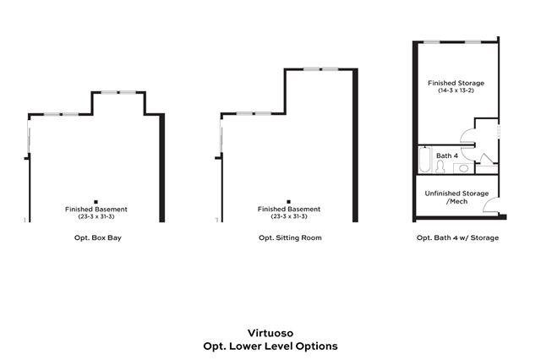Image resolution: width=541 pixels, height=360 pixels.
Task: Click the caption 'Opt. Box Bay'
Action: pyautogui.click(x=98, y=238)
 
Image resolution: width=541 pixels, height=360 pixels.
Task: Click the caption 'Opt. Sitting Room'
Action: pyautogui.click(x=290, y=238)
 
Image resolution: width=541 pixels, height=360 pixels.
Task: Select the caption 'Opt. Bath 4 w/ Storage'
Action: pyautogui.click(x=457, y=238)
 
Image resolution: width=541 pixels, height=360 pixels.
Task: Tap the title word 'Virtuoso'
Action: pyautogui.click(x=270, y=333)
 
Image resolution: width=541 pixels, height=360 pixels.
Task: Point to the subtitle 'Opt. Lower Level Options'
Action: pyautogui.click(x=270, y=346)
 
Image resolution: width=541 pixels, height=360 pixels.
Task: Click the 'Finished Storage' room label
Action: pyautogui.click(x=456, y=83)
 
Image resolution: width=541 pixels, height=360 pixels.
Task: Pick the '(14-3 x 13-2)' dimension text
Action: pyautogui.click(x=456, y=91)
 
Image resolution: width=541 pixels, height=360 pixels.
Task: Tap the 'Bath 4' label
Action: pyautogui.click(x=446, y=155)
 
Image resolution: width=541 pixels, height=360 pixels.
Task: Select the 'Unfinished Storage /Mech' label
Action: pyautogui.click(x=457, y=198)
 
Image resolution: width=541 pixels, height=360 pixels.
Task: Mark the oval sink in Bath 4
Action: pyautogui.click(x=463, y=169)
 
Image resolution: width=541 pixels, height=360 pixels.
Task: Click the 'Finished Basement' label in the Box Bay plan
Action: pyautogui.click(x=96, y=209)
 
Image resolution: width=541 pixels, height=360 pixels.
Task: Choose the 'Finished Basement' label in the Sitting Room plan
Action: pyautogui.click(x=289, y=209)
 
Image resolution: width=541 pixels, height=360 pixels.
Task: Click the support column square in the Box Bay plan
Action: pyautogui.click(x=96, y=191)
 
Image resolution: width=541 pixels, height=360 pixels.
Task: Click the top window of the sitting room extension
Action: pyautogui.click(x=320, y=68)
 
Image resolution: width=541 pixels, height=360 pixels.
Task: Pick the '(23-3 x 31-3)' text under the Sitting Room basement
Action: pyautogui.click(x=289, y=217)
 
